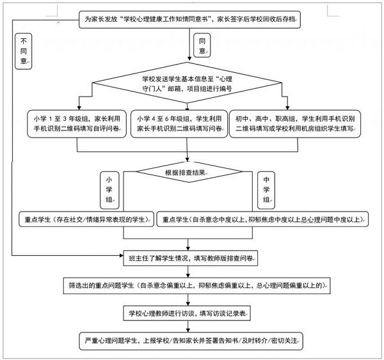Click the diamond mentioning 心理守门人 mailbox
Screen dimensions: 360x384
[x=188, y=84]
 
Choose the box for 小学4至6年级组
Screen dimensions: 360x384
[x=179, y=123]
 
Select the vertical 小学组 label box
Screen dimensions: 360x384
[x=109, y=188]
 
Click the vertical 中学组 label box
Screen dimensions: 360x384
[x=266, y=188]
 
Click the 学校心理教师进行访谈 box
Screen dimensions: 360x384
[x=189, y=313]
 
